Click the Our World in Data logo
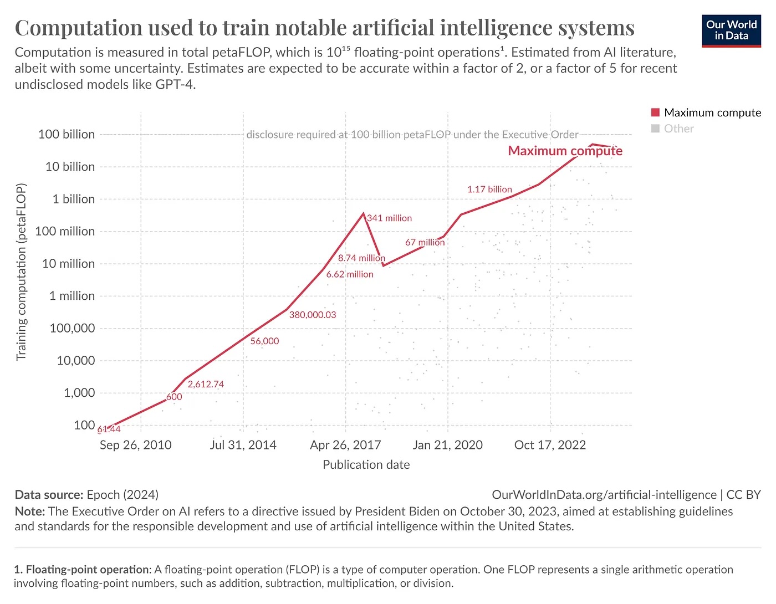[x=731, y=30]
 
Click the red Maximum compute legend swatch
[x=655, y=112]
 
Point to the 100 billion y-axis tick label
[x=67, y=134]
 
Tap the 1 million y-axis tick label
[x=72, y=296]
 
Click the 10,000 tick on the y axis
[x=75, y=361]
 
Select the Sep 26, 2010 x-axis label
[x=135, y=445]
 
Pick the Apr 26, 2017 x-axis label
[x=345, y=445]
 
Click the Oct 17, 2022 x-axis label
[x=550, y=445]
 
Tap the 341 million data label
[x=390, y=218]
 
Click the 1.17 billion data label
[x=489, y=190]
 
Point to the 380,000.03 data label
[x=313, y=315]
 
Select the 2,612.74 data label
[x=206, y=384]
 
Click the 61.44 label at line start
[x=109, y=429]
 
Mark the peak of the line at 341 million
[x=364, y=213]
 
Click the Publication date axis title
[x=366, y=465]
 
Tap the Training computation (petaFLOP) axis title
[x=21, y=272]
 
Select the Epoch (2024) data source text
[x=122, y=495]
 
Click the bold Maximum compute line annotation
[x=565, y=151]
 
